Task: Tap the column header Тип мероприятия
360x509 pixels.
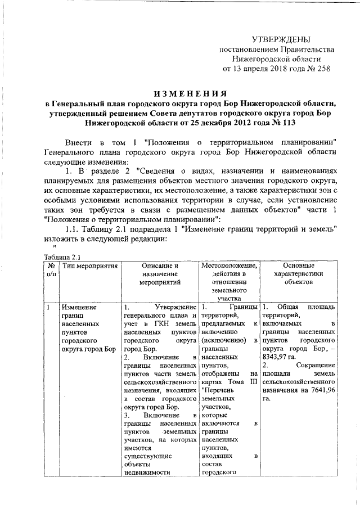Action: [90, 265]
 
